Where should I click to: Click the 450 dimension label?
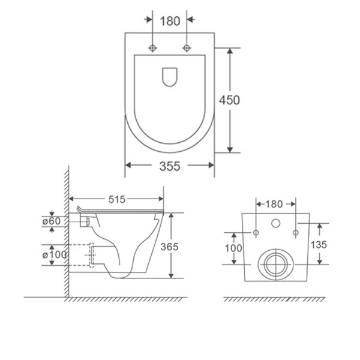229,100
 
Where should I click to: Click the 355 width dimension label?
170,166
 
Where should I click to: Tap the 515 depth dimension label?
117,199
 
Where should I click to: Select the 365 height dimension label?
169,247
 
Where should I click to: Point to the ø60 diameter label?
52,221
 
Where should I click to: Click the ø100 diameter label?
55,254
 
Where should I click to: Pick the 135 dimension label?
319,245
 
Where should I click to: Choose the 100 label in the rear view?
233,248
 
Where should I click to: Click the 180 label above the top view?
170,21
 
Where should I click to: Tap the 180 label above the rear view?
274,204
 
